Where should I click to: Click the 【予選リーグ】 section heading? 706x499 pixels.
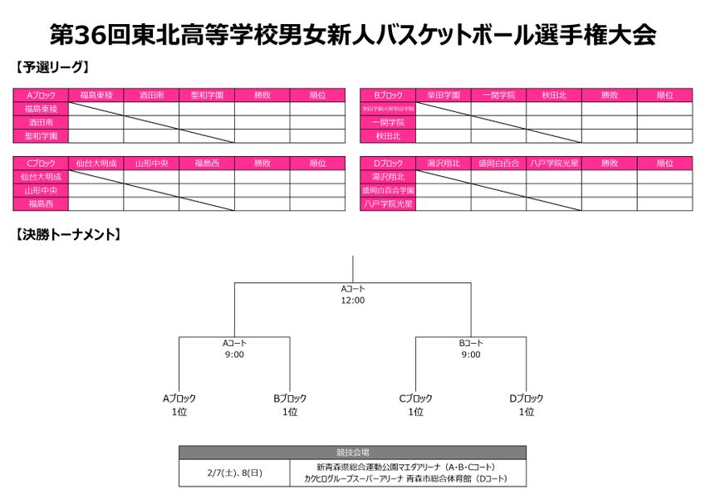point(52,66)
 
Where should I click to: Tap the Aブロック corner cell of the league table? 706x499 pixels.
point(41,95)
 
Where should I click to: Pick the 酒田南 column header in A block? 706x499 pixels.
point(151,95)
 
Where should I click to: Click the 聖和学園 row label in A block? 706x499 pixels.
point(41,135)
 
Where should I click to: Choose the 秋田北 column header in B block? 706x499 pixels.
point(553,95)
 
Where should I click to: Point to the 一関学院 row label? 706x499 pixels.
point(388,122)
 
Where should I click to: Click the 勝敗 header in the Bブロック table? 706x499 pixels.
point(609,95)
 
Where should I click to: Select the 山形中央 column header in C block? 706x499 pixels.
point(151,164)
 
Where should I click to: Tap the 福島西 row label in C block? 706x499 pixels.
point(41,203)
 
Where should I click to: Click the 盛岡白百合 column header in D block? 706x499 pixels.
point(498,164)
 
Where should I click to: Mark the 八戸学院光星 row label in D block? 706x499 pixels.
point(388,203)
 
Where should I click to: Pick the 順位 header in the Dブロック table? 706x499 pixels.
point(664,164)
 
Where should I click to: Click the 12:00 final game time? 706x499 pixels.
point(353,301)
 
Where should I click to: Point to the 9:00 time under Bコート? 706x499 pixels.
point(471,355)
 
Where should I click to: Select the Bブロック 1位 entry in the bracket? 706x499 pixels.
point(289,405)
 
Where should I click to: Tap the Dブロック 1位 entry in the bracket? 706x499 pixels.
point(526,405)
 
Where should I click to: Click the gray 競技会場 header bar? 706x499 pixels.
point(353,453)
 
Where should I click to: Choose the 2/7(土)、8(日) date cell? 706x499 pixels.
point(234,473)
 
